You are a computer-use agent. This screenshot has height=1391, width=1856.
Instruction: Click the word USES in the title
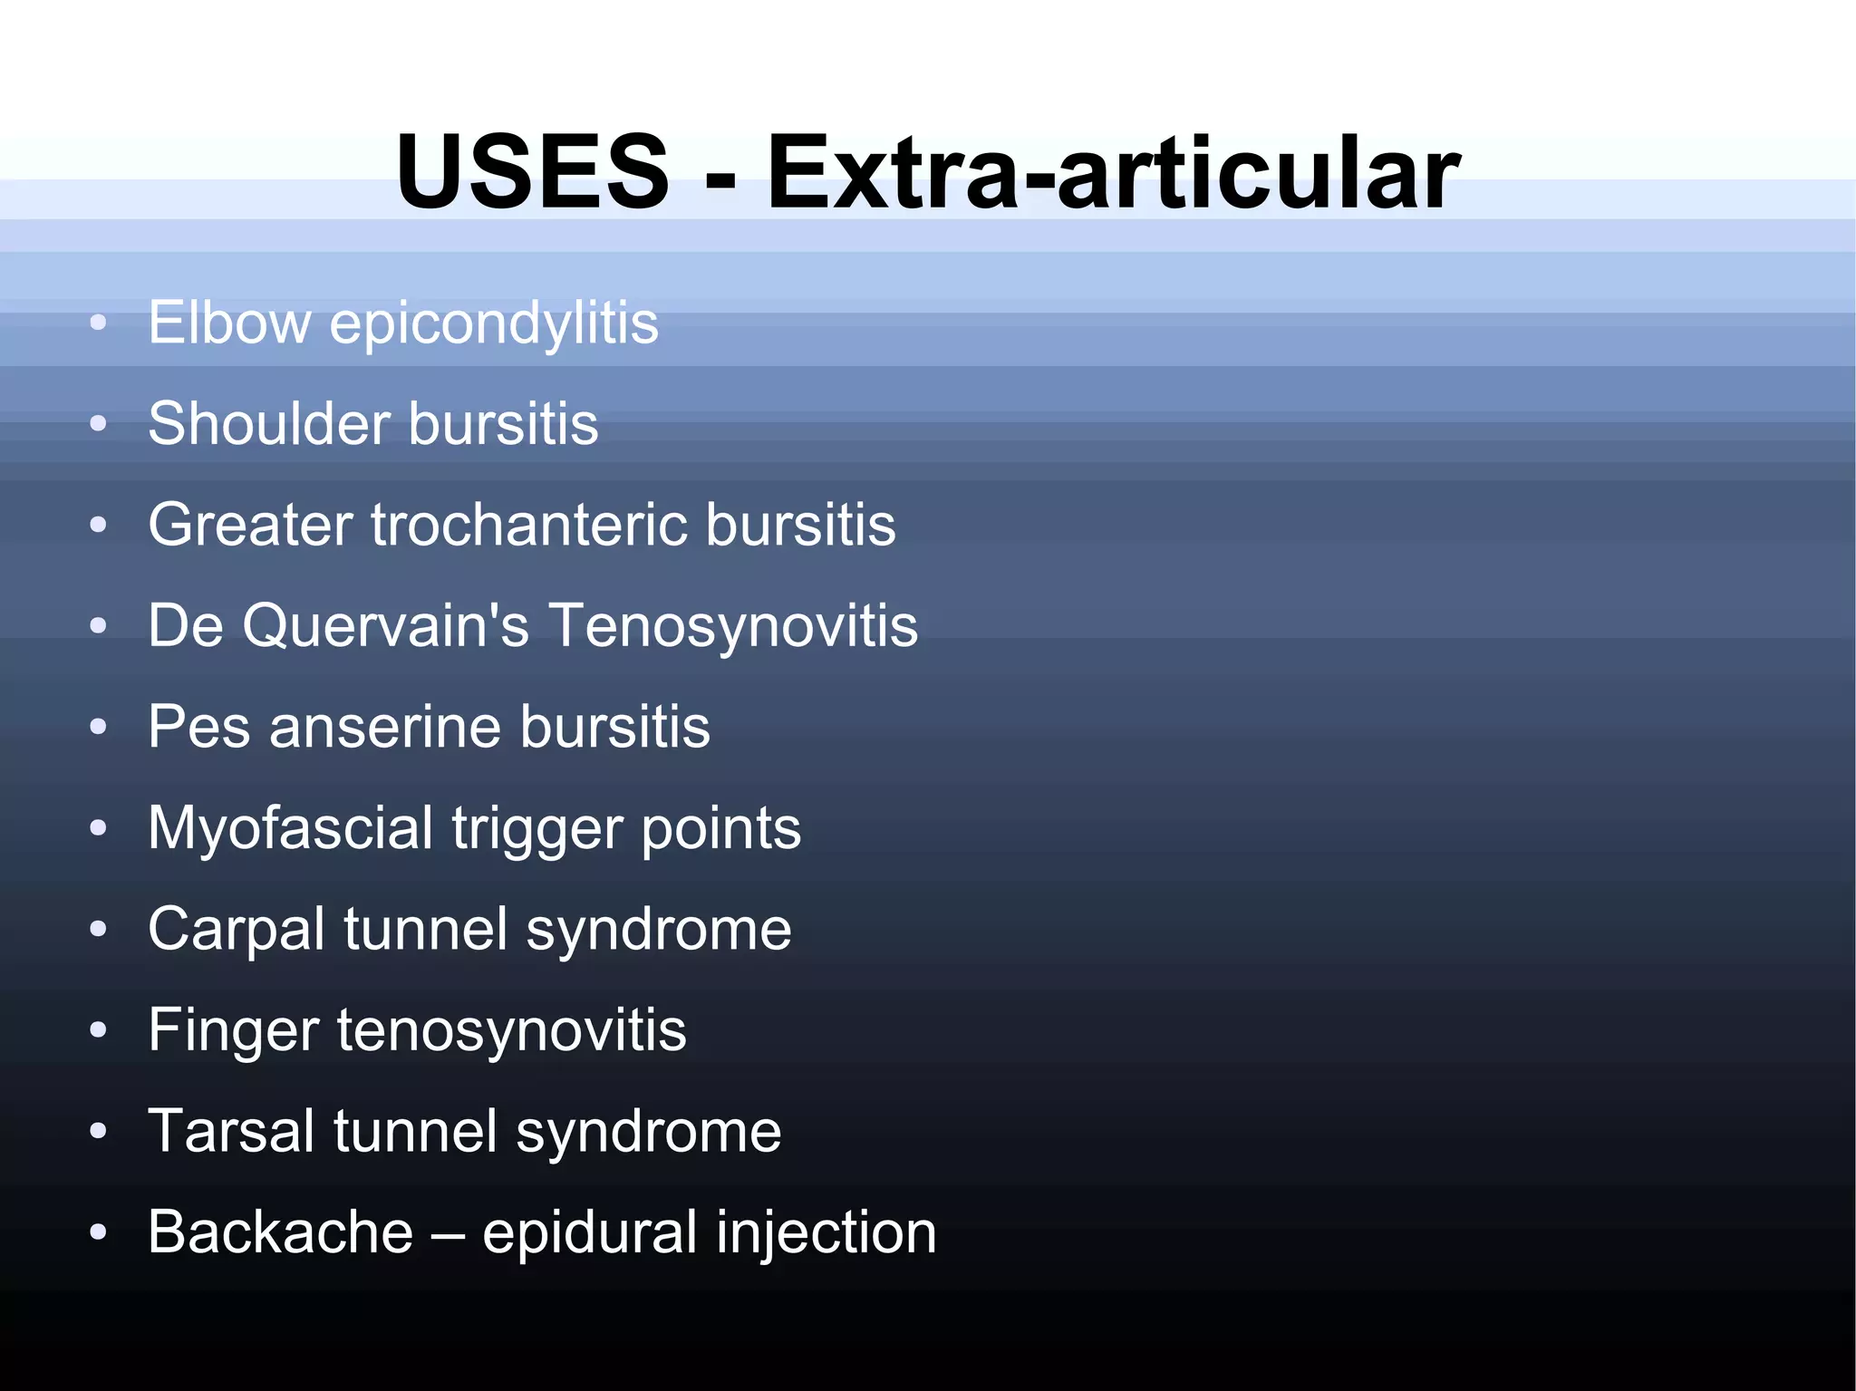point(532,171)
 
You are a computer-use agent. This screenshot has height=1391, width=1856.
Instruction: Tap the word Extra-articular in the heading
point(1113,171)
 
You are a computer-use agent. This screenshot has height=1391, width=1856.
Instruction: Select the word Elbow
point(229,323)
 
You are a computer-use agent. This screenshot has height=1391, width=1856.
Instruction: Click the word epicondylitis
point(494,324)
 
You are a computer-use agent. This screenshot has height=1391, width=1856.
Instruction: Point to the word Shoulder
point(269,423)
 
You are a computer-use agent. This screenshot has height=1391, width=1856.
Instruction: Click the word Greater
point(251,525)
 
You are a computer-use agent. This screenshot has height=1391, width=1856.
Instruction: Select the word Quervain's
point(385,626)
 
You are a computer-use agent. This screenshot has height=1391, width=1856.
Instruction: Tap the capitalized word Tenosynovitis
point(734,626)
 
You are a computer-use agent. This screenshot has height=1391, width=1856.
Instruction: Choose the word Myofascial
point(291,828)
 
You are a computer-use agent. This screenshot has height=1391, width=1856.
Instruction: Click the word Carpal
point(237,930)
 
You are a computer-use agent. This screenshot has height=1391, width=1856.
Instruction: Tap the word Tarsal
point(231,1132)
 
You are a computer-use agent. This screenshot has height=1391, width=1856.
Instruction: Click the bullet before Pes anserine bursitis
point(99,727)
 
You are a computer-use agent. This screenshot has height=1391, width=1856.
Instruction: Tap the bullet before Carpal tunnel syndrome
point(99,929)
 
